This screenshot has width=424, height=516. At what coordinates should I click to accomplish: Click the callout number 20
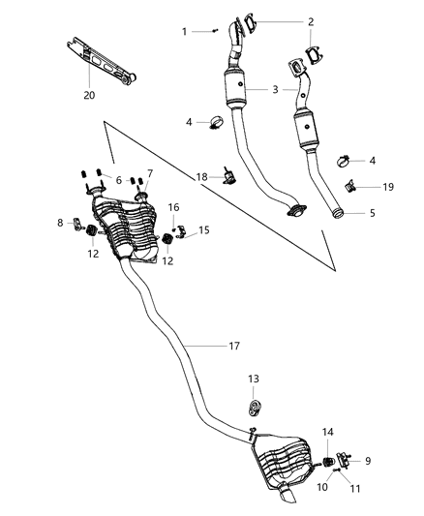click(x=89, y=96)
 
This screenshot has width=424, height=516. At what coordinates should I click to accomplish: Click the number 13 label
click(x=253, y=379)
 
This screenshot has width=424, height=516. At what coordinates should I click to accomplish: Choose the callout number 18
click(x=201, y=177)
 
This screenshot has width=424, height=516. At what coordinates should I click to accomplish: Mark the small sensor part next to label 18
click(x=228, y=174)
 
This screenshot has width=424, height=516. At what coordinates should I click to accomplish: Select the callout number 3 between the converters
click(x=277, y=89)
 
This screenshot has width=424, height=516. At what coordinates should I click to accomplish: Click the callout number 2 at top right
click(x=310, y=21)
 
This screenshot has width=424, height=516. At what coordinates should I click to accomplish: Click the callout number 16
click(x=174, y=207)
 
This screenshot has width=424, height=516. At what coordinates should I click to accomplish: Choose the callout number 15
click(x=204, y=230)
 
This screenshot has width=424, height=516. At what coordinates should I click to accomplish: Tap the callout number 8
click(x=60, y=223)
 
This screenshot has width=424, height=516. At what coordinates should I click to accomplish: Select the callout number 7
click(x=149, y=173)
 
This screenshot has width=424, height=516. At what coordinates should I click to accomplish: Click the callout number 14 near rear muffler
click(x=328, y=432)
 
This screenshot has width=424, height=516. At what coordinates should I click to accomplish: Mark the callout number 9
click(x=367, y=461)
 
